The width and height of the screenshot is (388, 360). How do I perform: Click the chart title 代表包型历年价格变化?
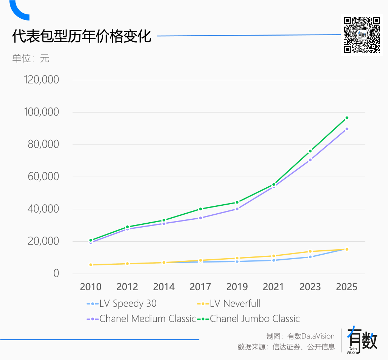[x=82, y=37]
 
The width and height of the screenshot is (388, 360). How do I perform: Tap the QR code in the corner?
[x=362, y=35]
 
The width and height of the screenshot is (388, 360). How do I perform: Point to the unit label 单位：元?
[x=31, y=58]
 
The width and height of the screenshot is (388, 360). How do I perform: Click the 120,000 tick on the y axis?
[x=41, y=80]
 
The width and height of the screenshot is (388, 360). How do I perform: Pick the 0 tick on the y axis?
[x=56, y=273]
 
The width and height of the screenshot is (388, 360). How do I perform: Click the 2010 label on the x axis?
[x=91, y=287]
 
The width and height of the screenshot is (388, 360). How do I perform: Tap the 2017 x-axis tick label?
[x=200, y=287]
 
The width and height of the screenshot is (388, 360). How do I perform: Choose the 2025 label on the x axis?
[x=346, y=287]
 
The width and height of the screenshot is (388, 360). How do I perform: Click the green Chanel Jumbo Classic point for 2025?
[x=347, y=118]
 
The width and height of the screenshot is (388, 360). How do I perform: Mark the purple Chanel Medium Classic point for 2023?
[x=310, y=160]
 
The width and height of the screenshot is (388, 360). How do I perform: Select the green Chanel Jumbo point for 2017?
[x=200, y=209]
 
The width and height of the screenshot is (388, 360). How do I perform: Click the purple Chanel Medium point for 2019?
[x=237, y=209]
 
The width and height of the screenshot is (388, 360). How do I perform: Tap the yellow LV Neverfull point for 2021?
[x=274, y=256]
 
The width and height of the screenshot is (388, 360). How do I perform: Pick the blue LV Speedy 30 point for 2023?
[x=310, y=257]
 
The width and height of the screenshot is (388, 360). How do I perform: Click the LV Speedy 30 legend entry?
[x=122, y=304]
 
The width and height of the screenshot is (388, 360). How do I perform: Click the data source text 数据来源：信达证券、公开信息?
[x=286, y=347]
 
